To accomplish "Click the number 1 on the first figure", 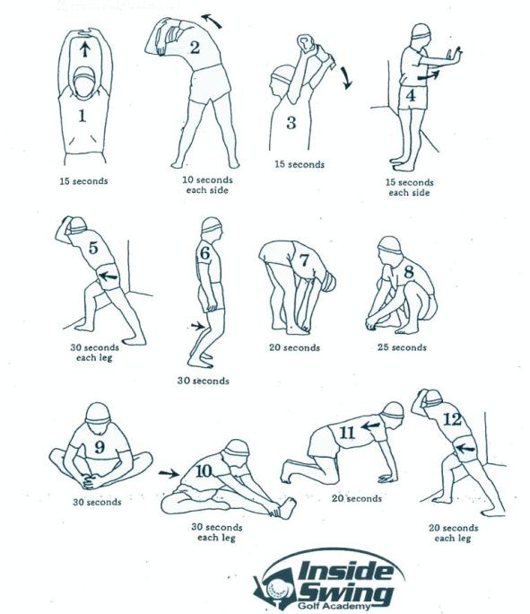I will click(x=83, y=115).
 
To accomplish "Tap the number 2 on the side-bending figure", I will click(x=194, y=48).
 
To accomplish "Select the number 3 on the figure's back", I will click(x=291, y=123).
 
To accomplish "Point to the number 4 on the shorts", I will click(x=410, y=95).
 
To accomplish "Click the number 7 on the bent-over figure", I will click(x=305, y=260).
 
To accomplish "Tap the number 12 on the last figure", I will click(x=452, y=418).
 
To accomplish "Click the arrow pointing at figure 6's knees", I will click(x=199, y=326).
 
